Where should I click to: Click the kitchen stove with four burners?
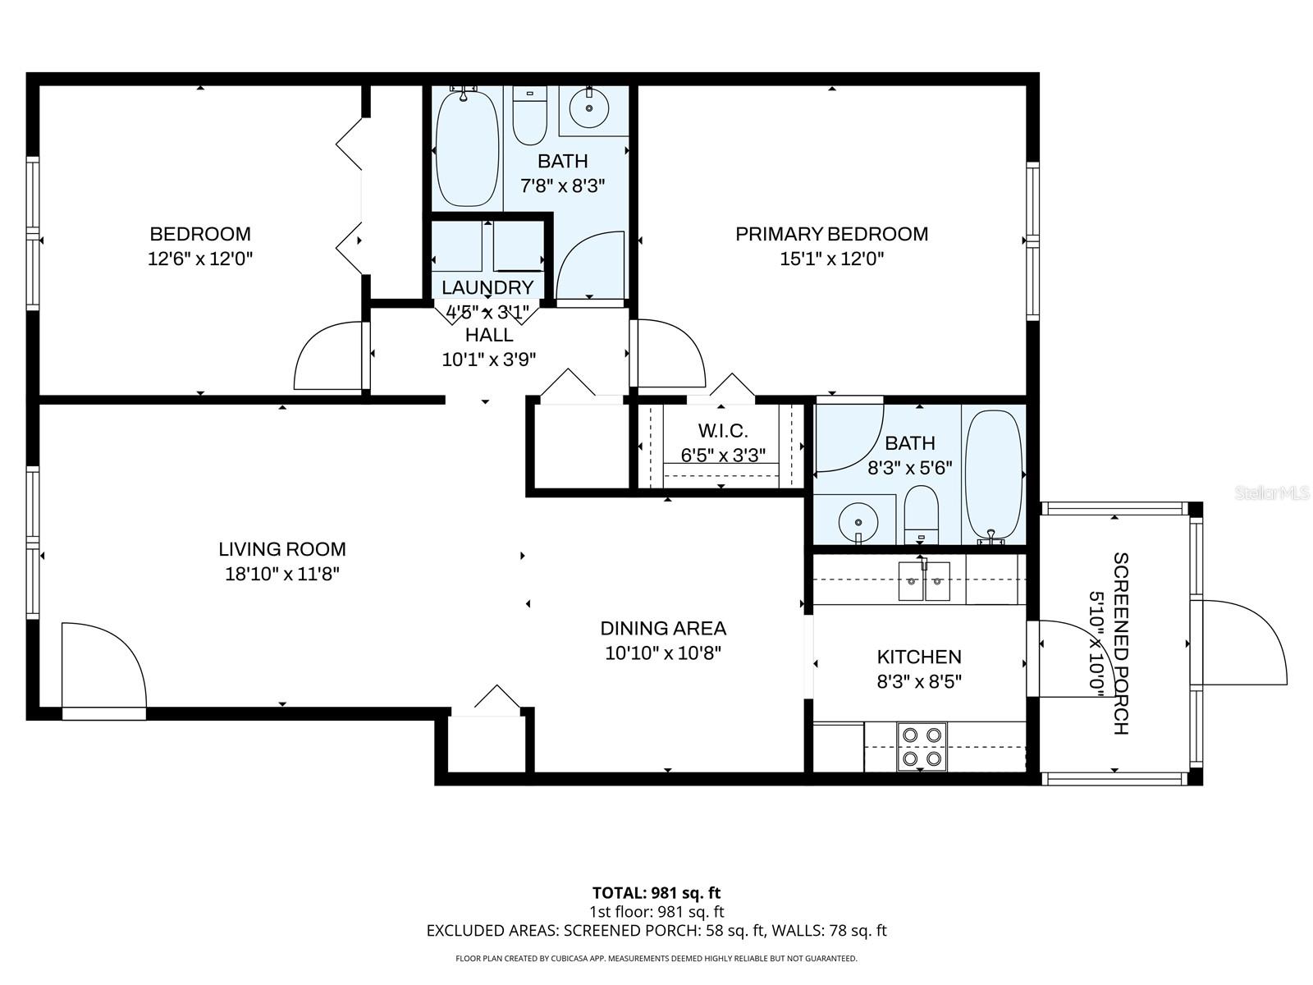pyautogui.click(x=922, y=746)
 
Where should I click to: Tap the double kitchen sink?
pyautogui.click(x=924, y=581)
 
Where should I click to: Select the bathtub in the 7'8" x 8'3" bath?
pyautogui.click(x=466, y=148)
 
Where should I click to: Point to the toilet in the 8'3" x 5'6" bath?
pyautogui.click(x=921, y=515)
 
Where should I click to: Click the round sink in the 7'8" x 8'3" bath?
pyautogui.click(x=589, y=108)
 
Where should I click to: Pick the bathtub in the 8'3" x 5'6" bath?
pyautogui.click(x=994, y=474)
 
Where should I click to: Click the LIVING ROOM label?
pyautogui.click(x=282, y=549)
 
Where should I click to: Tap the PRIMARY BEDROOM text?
pyautogui.click(x=831, y=234)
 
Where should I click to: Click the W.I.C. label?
pyautogui.click(x=722, y=431)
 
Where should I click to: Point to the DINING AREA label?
pyautogui.click(x=663, y=629)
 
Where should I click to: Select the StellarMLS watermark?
pyautogui.click(x=1272, y=493)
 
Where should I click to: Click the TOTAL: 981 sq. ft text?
pyautogui.click(x=656, y=892)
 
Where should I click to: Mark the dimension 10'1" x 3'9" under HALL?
pyautogui.click(x=489, y=359)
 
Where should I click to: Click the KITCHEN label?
pyautogui.click(x=919, y=657)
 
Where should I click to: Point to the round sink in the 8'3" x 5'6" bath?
pyautogui.click(x=858, y=521)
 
